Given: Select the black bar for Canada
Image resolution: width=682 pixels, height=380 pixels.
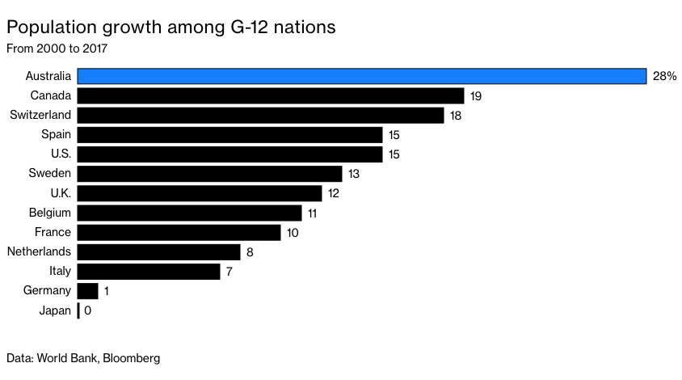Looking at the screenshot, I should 271,96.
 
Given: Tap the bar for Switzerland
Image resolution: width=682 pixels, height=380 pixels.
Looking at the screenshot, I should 260,116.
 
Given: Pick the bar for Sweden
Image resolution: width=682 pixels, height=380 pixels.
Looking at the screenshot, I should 209,174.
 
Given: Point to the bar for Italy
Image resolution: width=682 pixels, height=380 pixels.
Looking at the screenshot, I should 149,271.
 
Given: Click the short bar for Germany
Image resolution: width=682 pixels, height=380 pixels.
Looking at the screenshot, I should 87,290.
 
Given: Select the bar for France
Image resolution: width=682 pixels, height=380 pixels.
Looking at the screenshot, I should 179,232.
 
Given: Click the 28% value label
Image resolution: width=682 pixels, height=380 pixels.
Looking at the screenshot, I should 663,77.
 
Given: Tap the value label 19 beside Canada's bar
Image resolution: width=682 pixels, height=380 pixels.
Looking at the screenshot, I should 476,96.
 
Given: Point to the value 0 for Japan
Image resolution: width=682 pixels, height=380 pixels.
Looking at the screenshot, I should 87,310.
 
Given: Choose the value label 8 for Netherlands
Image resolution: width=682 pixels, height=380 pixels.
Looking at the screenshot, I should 250,251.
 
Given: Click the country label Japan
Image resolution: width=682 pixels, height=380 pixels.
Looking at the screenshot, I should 55,310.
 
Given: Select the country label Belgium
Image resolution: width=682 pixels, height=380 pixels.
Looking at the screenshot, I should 51,213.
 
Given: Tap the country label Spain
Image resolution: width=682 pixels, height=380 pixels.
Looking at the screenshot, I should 57,135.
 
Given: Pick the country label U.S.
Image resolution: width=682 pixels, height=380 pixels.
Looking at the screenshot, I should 61,154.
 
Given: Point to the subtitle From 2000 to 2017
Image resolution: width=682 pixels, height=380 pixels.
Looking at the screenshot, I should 57,48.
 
